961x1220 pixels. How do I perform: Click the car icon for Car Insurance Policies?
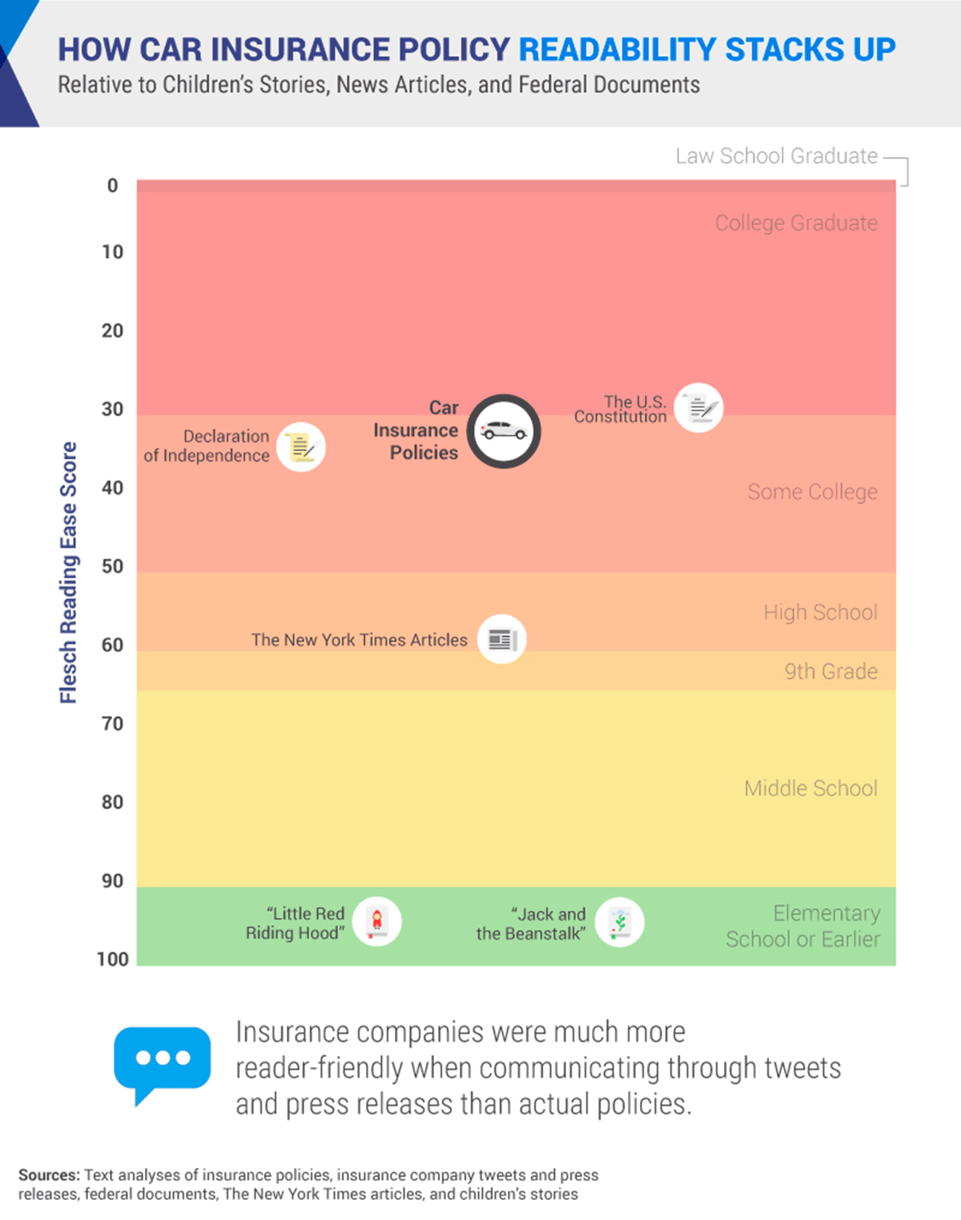coord(504,431)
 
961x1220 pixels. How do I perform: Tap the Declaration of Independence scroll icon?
coord(301,447)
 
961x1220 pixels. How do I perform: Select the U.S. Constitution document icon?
coord(698,408)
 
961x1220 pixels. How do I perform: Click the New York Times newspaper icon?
coord(501,639)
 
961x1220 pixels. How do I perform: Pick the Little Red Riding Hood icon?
coord(376,921)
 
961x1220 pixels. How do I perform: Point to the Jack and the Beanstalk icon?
coord(619,922)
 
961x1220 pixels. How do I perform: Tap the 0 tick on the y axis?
coord(113,186)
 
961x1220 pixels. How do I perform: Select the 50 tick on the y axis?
coord(113,566)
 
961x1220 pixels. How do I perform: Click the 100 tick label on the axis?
coord(113,959)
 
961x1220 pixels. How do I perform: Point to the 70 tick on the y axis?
coord(113,723)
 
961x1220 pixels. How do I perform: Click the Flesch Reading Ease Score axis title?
coord(69,572)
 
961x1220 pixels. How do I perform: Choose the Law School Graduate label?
coord(776,156)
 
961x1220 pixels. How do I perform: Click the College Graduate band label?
coord(796,223)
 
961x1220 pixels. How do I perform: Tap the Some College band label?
coord(812,491)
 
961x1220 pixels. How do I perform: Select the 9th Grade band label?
coord(830,671)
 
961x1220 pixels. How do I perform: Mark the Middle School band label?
coord(810,788)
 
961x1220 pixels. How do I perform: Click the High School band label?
coord(820,612)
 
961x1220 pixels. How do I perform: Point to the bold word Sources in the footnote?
coord(49,1175)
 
